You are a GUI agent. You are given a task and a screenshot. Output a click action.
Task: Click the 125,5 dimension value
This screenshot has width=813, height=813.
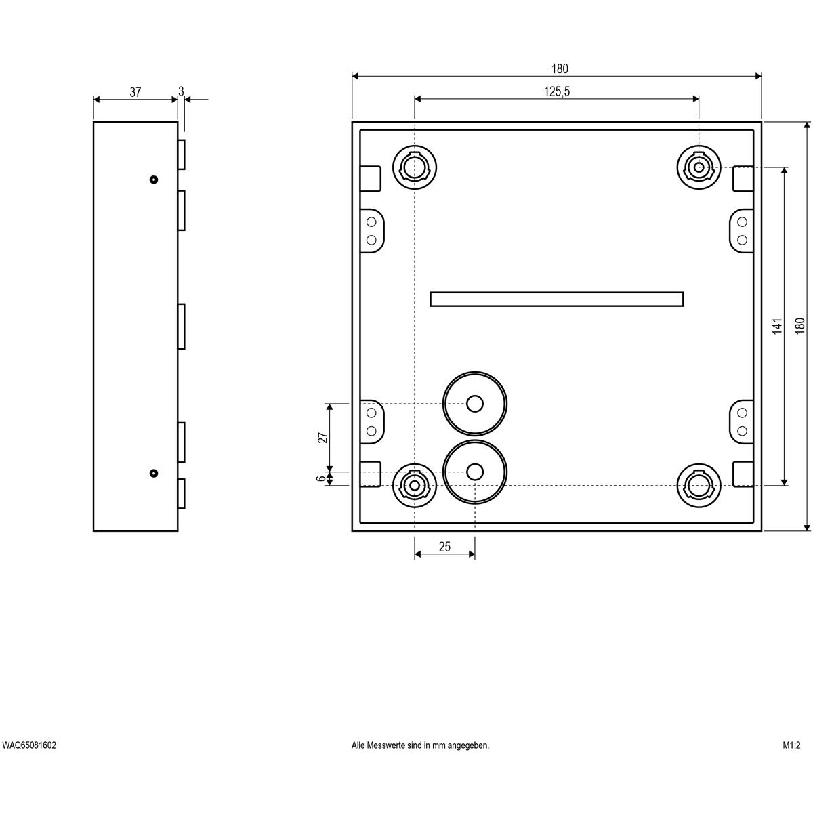pos(556,91)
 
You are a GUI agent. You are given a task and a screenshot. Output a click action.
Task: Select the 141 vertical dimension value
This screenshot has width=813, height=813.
pos(777,326)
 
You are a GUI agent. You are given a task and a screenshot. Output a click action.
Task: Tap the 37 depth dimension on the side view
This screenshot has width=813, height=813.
pos(135,92)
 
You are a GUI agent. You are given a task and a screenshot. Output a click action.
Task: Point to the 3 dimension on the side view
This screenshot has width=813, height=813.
pos(181,91)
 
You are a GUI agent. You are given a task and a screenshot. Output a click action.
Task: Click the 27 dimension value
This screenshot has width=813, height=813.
pos(322,438)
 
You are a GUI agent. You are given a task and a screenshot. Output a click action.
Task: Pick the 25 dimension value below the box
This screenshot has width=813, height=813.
pos(444,547)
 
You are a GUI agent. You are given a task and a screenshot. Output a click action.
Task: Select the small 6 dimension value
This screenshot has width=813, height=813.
pos(322,478)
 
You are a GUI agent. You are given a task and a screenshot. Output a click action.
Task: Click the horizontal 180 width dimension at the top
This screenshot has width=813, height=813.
pos(560,68)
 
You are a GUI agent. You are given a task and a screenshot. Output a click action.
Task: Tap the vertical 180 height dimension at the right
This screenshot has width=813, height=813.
pos(799,326)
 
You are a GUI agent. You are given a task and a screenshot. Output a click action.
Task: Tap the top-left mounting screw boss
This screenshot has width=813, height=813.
pos(415,167)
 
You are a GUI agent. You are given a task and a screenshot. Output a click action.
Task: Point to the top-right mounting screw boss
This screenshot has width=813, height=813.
pos(699,167)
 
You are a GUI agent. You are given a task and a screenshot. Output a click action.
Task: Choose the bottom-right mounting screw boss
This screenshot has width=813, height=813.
pos(699,486)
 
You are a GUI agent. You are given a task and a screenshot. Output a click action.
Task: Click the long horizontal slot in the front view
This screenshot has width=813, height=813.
pos(556,299)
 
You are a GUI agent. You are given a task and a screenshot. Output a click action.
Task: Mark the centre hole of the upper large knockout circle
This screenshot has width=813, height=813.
pos(475,404)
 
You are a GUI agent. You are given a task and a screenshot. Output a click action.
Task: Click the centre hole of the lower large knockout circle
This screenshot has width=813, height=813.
pos(475,472)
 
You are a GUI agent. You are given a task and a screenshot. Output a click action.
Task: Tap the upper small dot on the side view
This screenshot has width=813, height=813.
pos(154,180)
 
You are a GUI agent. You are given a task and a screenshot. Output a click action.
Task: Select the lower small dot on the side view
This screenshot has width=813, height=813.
pos(154,473)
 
